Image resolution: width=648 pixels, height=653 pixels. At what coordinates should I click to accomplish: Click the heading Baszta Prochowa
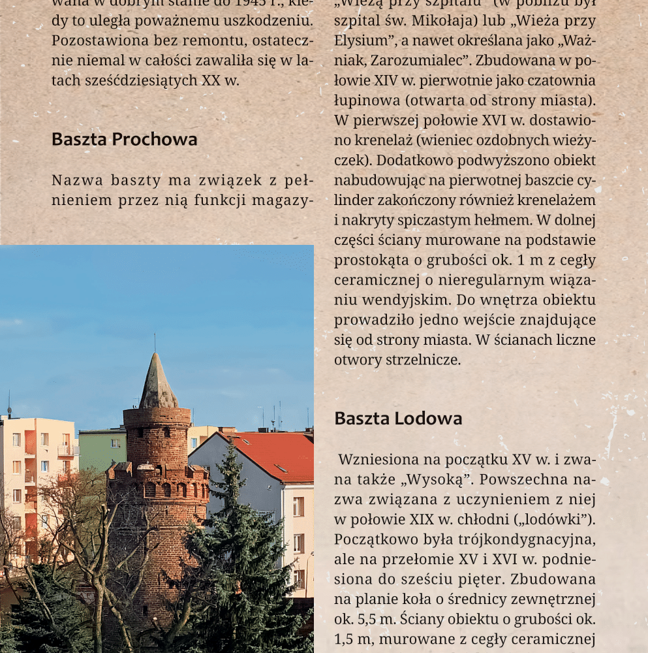[x=124, y=139]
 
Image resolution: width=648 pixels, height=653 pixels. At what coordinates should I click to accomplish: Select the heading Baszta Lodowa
[x=398, y=419]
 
